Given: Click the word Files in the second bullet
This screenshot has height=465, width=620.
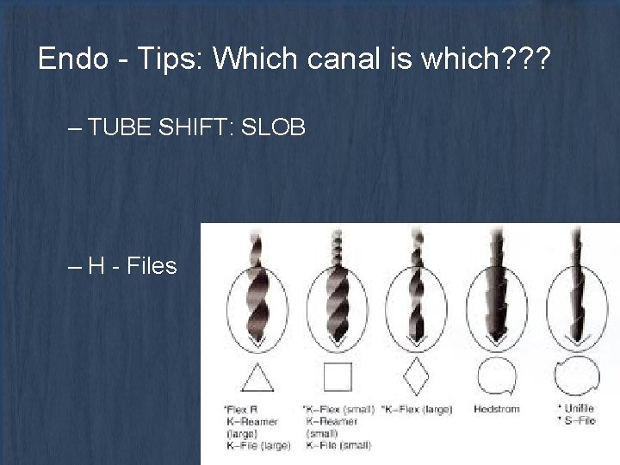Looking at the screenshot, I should point(151,266).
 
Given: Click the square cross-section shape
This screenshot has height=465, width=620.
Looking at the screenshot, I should point(338,377).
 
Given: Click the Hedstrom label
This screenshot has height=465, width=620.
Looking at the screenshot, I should point(497,408).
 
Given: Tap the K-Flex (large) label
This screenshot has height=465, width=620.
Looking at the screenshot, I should point(418,408).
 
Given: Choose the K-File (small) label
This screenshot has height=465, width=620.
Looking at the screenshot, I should point(337,444).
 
